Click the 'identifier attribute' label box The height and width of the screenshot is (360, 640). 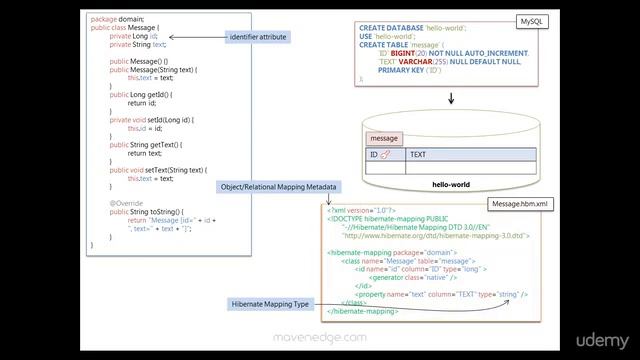[x=257, y=37]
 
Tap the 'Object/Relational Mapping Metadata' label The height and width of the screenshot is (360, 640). [x=278, y=187]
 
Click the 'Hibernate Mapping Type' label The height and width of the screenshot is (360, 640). [x=271, y=303]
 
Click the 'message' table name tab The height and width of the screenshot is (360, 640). [x=384, y=138]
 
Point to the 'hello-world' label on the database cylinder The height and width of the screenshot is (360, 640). [x=450, y=185]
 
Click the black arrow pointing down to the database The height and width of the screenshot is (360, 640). [x=451, y=98]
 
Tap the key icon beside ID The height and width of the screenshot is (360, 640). [x=385, y=155]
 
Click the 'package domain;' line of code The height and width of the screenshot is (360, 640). [x=118, y=19]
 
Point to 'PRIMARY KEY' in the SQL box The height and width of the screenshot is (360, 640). [x=406, y=70]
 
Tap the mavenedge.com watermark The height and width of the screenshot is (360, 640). [x=320, y=338]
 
